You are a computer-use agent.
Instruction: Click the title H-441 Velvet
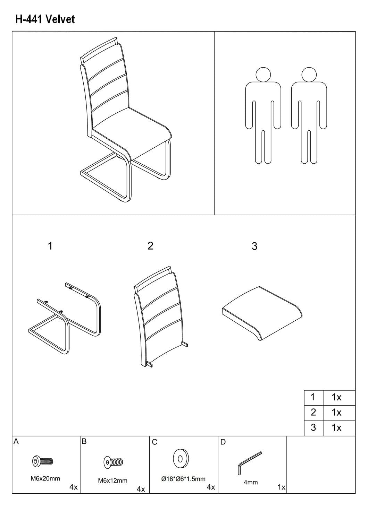(x=45, y=19)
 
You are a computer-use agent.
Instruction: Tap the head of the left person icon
(x=263, y=75)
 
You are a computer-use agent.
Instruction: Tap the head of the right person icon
(x=309, y=75)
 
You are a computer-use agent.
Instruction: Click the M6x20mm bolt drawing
(x=43, y=461)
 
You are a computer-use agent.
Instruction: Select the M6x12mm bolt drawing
(x=113, y=462)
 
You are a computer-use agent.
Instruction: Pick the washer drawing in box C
(x=181, y=459)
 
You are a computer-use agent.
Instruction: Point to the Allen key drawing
(x=249, y=463)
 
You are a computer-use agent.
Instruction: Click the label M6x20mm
(x=45, y=478)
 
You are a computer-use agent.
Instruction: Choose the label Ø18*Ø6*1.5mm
(x=183, y=479)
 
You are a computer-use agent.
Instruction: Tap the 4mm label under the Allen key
(x=251, y=482)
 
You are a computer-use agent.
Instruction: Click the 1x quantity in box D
(x=282, y=487)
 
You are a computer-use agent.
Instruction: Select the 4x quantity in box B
(x=141, y=489)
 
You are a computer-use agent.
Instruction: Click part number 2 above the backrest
(x=150, y=246)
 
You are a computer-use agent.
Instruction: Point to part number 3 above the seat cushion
(x=254, y=246)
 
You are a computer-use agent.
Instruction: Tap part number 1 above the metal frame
(x=50, y=246)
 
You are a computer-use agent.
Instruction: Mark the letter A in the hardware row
(x=16, y=441)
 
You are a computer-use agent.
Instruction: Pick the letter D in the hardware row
(x=223, y=442)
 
